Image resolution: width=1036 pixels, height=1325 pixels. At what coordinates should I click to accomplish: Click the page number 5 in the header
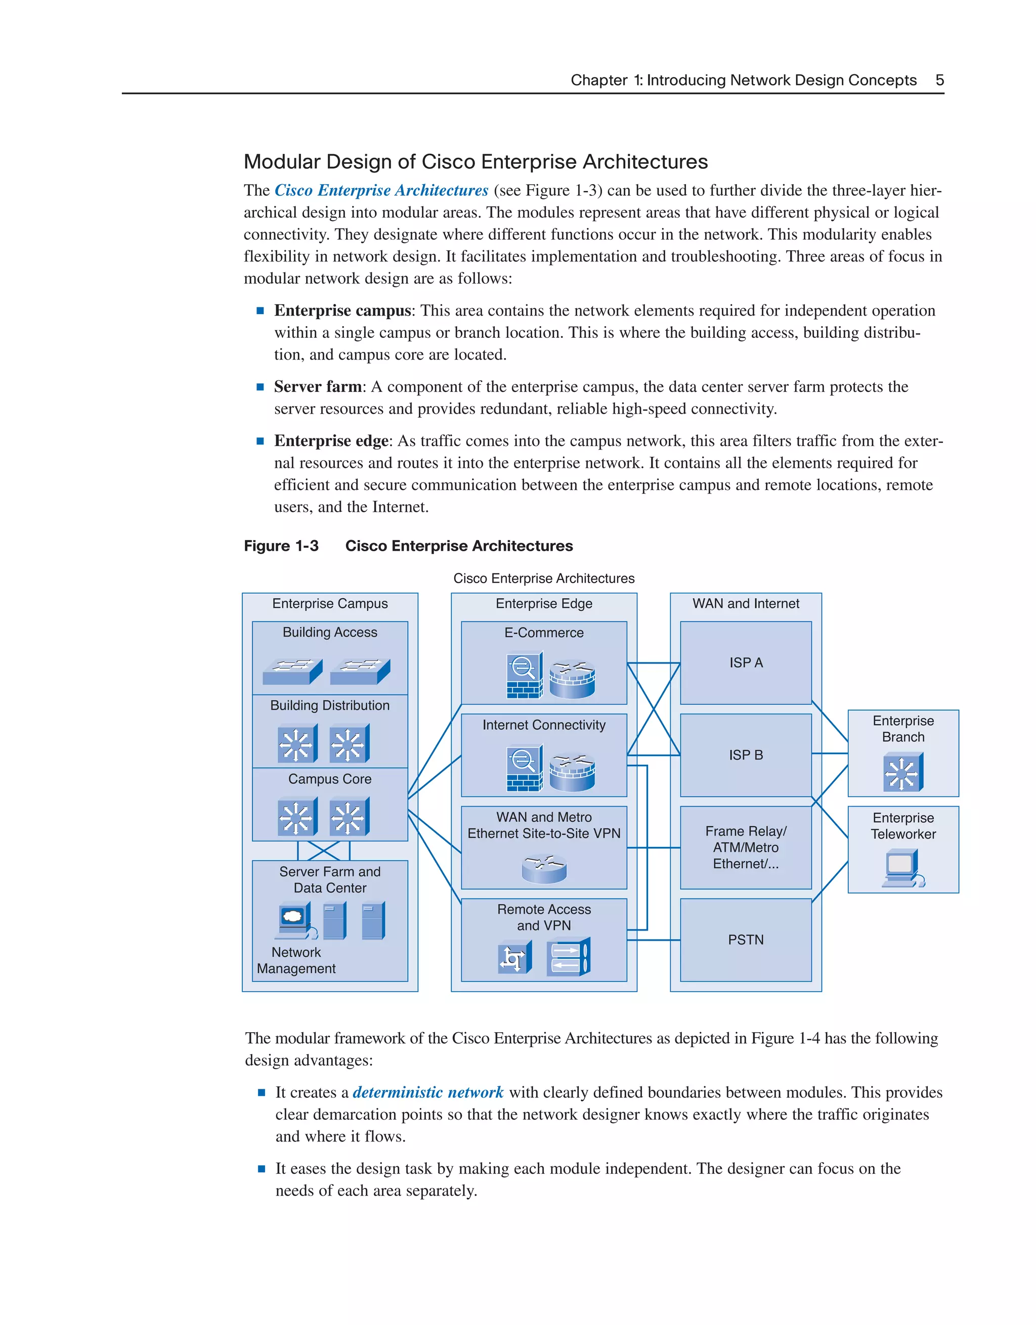coord(939,80)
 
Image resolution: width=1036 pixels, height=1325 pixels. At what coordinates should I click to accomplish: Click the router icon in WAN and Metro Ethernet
coord(544,868)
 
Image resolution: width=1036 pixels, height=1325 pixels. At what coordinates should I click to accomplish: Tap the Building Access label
coord(329,632)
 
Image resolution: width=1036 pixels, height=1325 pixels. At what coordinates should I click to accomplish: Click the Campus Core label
coord(329,779)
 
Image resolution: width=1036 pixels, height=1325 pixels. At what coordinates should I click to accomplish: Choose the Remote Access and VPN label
coord(544,917)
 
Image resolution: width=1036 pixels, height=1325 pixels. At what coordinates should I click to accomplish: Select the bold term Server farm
coord(317,386)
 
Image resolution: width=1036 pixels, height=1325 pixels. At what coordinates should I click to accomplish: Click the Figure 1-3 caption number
coord(281,546)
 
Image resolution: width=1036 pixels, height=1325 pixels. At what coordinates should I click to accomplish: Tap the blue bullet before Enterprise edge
coord(261,441)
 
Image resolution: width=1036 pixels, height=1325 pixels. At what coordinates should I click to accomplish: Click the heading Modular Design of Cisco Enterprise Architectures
coord(475,162)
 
